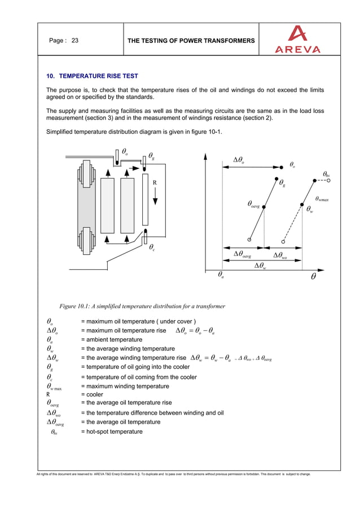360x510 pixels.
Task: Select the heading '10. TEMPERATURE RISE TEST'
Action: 92,76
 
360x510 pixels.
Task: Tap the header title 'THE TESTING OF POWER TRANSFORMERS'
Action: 191,41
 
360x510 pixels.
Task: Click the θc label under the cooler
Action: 152,247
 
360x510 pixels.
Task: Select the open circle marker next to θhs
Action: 328,181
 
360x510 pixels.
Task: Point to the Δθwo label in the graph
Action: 280,255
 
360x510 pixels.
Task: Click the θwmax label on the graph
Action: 322,198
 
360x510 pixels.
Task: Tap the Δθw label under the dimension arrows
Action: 260,265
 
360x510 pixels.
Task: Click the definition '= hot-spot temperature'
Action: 112,431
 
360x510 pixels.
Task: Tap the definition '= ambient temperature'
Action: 112,339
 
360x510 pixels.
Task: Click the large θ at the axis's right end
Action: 313,277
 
